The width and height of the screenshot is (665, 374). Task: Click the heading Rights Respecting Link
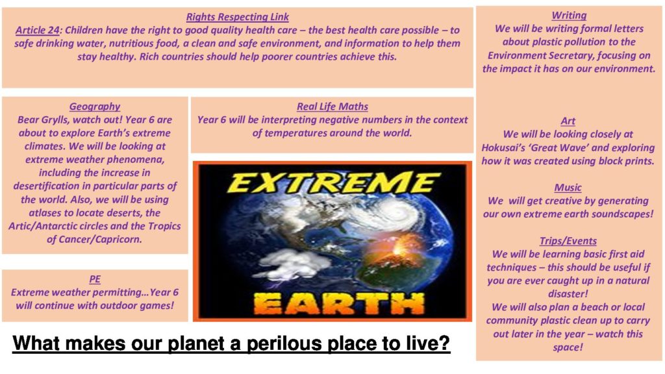(238, 17)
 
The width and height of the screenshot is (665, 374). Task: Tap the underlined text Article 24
(37, 30)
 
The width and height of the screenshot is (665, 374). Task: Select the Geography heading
(95, 106)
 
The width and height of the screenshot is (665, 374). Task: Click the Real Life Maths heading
(332, 106)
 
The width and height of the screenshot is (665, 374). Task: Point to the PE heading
(95, 279)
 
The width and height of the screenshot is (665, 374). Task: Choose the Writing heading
(569, 16)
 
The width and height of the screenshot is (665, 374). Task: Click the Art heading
(568, 121)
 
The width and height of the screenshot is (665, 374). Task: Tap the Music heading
(568, 188)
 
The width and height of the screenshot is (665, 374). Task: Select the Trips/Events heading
(568, 241)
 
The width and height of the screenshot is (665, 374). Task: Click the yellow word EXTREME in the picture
(333, 182)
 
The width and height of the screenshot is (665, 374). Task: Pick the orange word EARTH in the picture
(339, 303)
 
